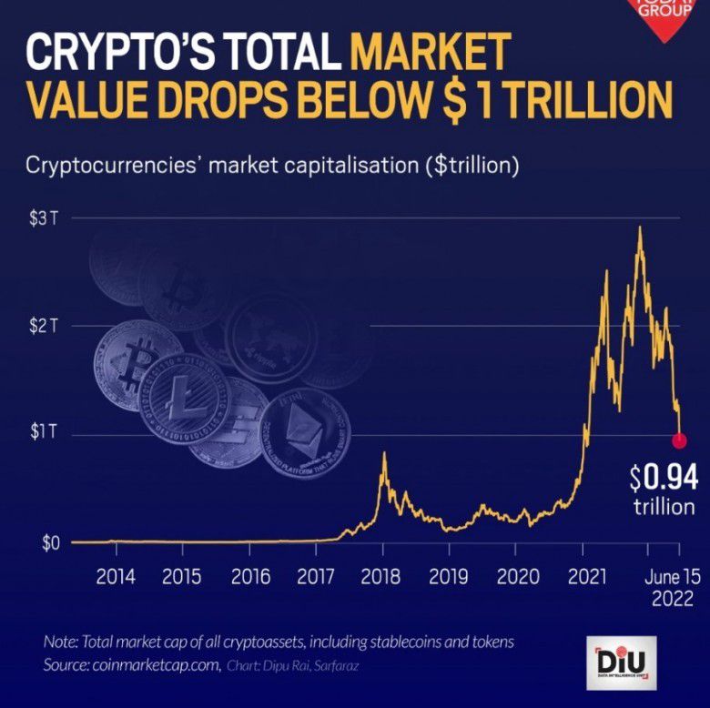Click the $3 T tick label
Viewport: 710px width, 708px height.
43,218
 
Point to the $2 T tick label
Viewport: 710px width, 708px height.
43,326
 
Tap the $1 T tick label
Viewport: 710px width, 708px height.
42,433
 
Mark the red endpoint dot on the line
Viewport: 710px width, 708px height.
679,441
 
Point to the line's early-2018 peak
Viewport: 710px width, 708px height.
384,452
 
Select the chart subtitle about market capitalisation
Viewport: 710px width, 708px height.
272,167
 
